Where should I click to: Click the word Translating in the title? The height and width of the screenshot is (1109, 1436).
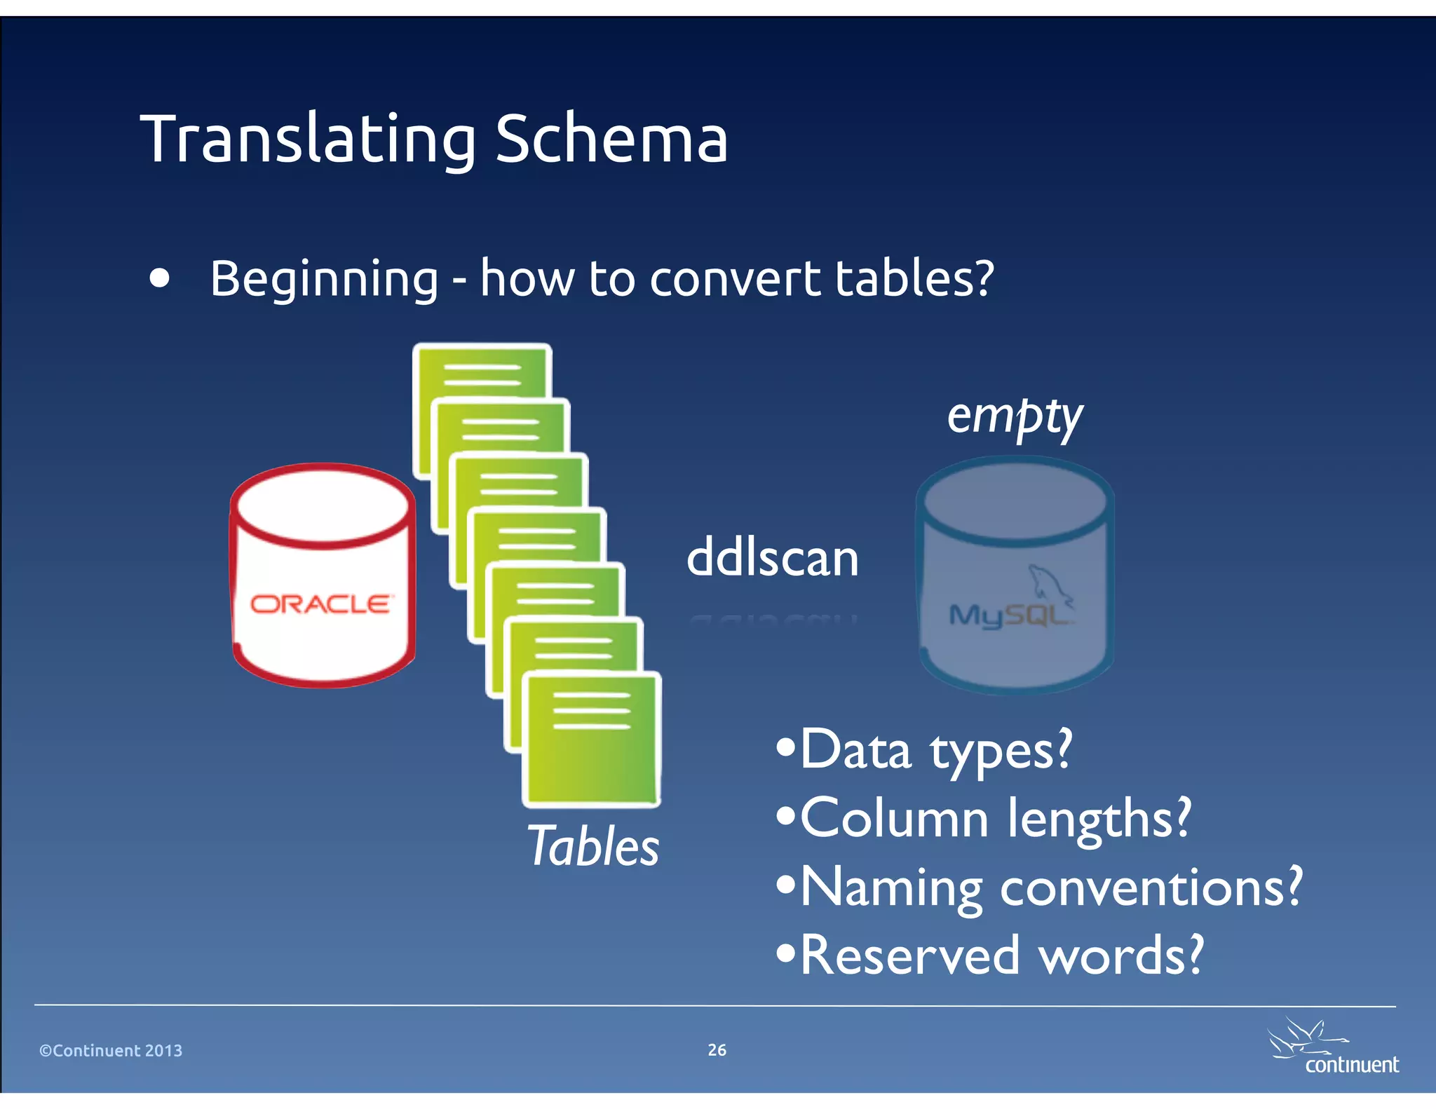pyautogui.click(x=309, y=140)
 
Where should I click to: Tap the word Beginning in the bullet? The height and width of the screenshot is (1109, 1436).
pyautogui.click(x=324, y=279)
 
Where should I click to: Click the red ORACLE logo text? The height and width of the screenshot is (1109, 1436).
pyautogui.click(x=321, y=604)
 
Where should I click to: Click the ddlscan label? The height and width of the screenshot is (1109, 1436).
pyautogui.click(x=772, y=558)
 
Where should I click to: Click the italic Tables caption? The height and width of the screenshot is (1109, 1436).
pyautogui.click(x=592, y=846)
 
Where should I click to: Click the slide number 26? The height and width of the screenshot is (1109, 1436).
pyautogui.click(x=717, y=1049)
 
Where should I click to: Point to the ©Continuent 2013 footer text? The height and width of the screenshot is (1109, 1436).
pyautogui.click(x=111, y=1050)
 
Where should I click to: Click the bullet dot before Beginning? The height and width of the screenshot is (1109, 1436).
pyautogui.click(x=160, y=278)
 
